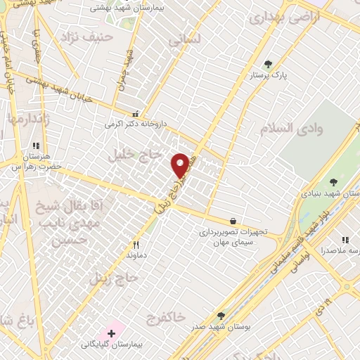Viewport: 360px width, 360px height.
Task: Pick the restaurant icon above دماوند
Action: point(136,245)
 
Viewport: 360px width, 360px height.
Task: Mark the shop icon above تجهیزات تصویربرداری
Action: point(233,221)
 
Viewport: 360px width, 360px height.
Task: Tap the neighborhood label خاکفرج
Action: point(166,319)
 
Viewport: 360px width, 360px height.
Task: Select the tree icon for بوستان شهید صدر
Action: point(221,316)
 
